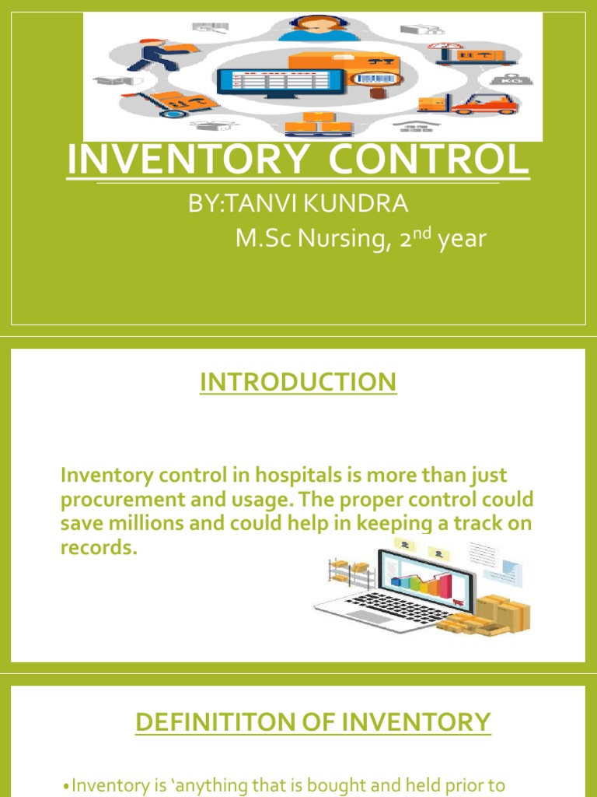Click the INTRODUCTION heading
(x=298, y=382)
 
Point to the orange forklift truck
(x=484, y=102)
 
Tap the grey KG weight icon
(x=512, y=78)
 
